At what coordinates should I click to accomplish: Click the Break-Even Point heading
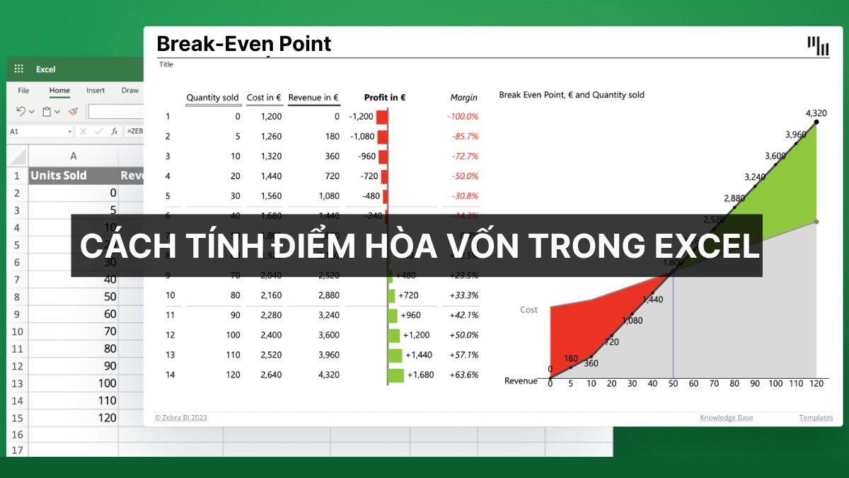[243, 44]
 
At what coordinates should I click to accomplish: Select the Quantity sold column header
[213, 98]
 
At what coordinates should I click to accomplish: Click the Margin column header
[463, 98]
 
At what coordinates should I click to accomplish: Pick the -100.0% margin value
[463, 117]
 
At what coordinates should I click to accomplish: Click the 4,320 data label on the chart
[816, 113]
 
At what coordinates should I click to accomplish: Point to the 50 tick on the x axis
[673, 383]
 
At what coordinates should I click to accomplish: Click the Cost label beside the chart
[529, 309]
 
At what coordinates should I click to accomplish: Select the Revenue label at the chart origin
[521, 381]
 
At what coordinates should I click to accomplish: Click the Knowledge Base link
[726, 418]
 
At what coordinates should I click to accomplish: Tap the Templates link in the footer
[816, 418]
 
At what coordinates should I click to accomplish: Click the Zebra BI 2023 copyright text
[181, 418]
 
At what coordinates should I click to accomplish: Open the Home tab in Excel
[59, 91]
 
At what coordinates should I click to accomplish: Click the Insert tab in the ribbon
[96, 91]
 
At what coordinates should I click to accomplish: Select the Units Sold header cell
[59, 176]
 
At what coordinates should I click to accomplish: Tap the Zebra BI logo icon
[818, 45]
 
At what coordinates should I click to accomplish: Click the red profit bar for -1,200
[381, 117]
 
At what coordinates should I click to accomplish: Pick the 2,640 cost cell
[270, 375]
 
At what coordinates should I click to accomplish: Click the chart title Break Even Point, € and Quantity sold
[572, 95]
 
